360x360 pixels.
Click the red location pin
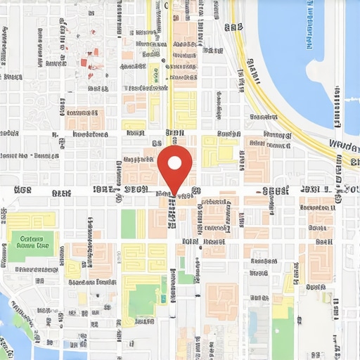coord(174,166)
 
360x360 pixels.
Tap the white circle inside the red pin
coord(174,162)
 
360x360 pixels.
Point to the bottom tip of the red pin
coord(174,193)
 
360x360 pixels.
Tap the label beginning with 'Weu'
coord(345,146)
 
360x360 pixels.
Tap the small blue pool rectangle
coord(252,323)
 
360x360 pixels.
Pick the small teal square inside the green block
coord(164,299)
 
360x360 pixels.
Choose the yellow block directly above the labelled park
coord(31,219)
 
